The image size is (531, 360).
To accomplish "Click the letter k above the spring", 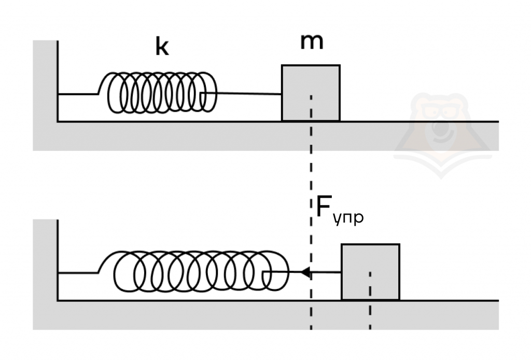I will (x=162, y=47).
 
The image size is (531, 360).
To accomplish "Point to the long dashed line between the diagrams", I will (x=311, y=171).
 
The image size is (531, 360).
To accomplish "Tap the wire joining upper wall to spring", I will (x=78, y=94).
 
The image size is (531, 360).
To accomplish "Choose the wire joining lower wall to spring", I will (x=78, y=272).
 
